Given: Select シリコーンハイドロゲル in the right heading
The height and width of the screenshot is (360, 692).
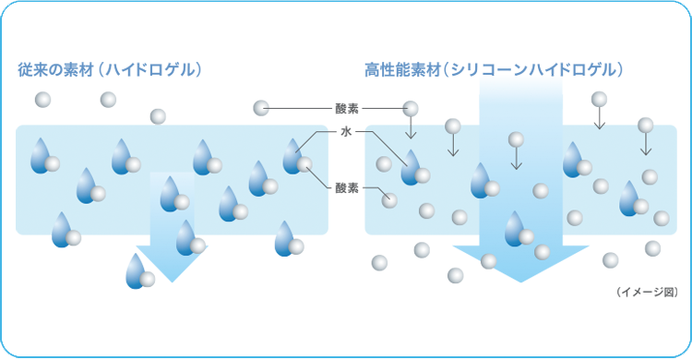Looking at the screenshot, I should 533,69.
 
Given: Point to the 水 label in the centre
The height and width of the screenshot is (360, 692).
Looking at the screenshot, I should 346,133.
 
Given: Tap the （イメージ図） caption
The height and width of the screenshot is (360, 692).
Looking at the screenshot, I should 646,293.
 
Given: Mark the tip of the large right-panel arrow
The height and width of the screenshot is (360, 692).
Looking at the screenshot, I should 521,279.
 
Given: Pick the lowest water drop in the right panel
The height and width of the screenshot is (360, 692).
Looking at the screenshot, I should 515,227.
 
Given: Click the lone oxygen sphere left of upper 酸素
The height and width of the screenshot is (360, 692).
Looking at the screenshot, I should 262,108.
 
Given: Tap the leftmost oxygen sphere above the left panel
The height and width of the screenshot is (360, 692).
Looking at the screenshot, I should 42,99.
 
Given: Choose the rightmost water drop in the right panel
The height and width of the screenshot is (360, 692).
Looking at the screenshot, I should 631,196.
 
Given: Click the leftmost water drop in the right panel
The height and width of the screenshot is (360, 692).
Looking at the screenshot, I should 411,167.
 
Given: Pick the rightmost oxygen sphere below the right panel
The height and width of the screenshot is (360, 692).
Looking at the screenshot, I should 653,248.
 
